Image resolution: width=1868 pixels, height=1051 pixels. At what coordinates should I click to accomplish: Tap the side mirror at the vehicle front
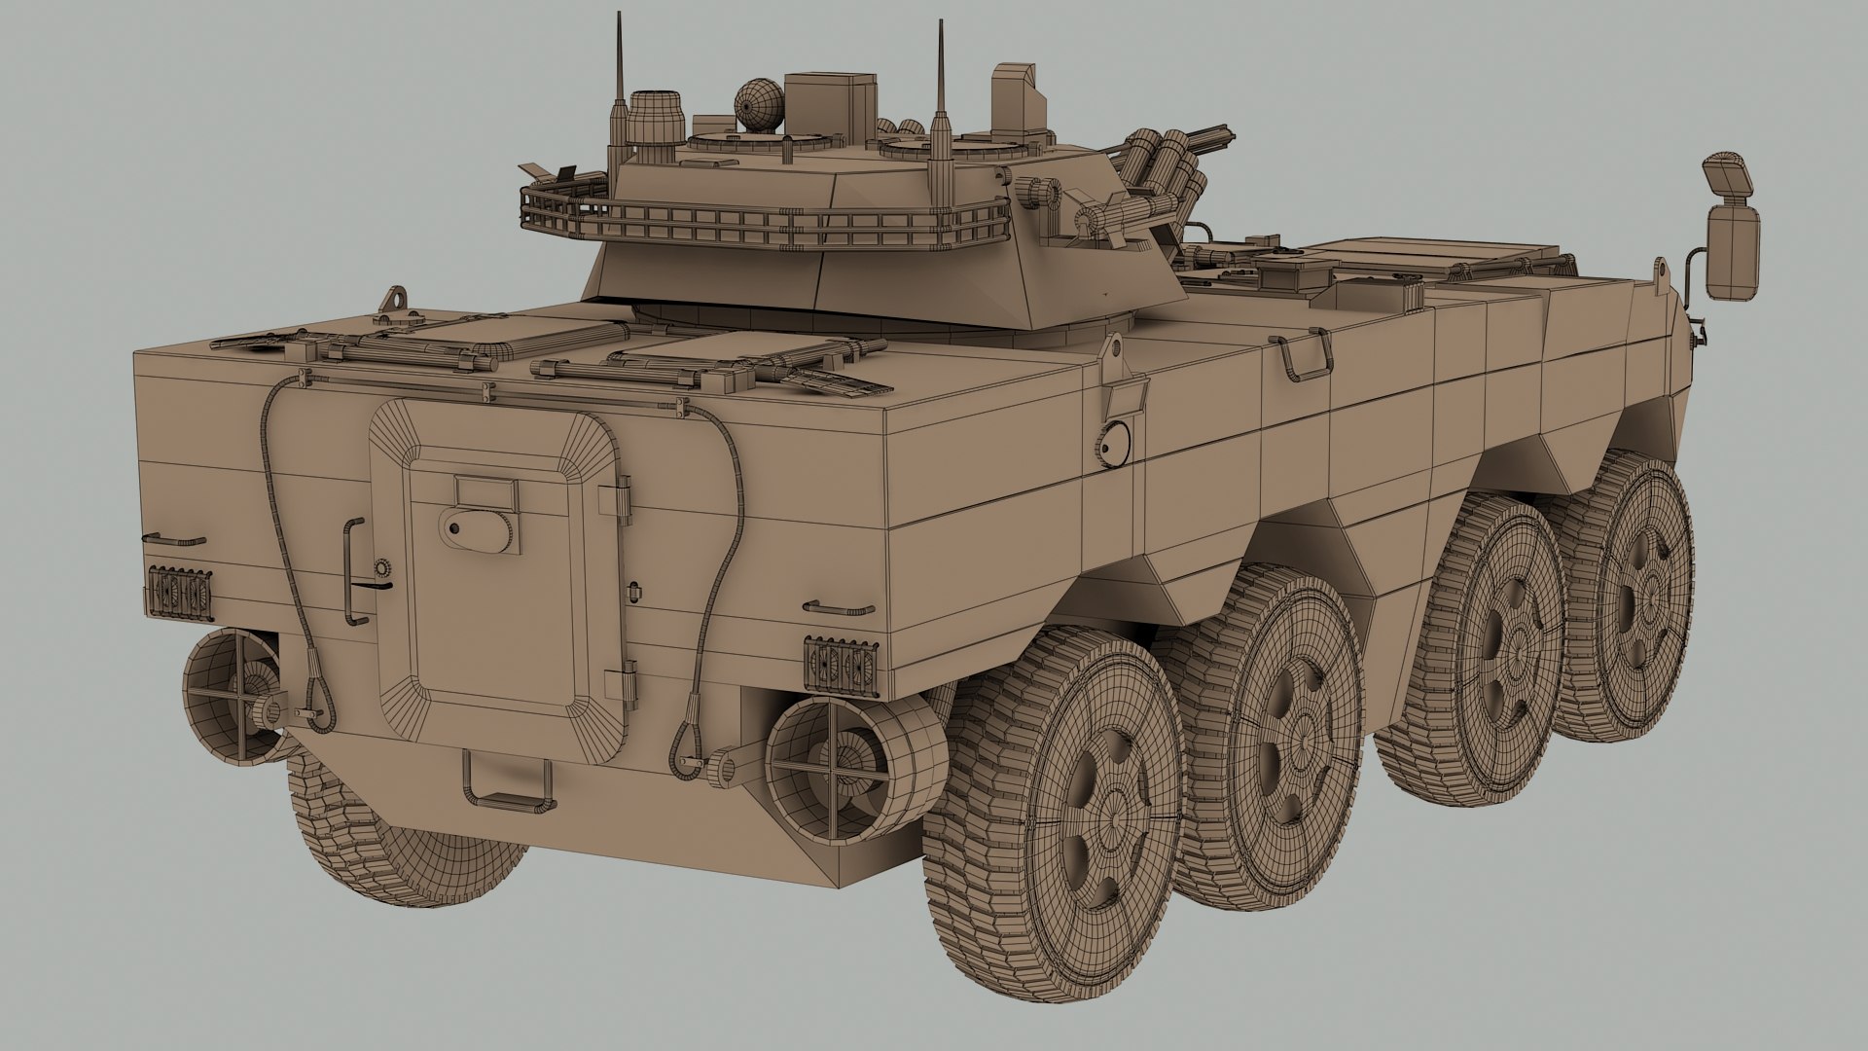[x=1733, y=234]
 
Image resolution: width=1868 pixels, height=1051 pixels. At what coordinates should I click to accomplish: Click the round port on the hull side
[x=1113, y=442]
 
